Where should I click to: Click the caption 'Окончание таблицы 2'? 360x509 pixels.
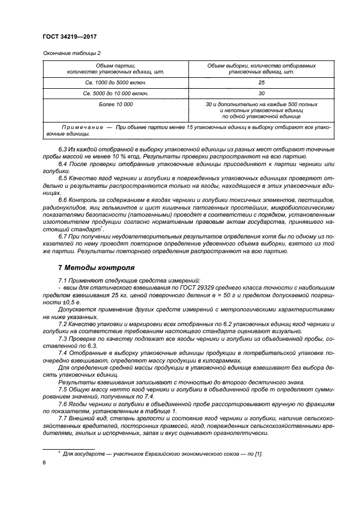[x=70, y=53]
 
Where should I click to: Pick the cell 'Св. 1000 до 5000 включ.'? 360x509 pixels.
[x=115, y=83]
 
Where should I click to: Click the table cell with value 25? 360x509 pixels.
[x=261, y=83]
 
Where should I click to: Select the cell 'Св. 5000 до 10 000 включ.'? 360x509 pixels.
[x=115, y=93]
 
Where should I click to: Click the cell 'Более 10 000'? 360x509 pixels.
[x=115, y=103]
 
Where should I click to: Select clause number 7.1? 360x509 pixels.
[x=63, y=279]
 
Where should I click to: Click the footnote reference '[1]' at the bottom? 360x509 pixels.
[x=260, y=453]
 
